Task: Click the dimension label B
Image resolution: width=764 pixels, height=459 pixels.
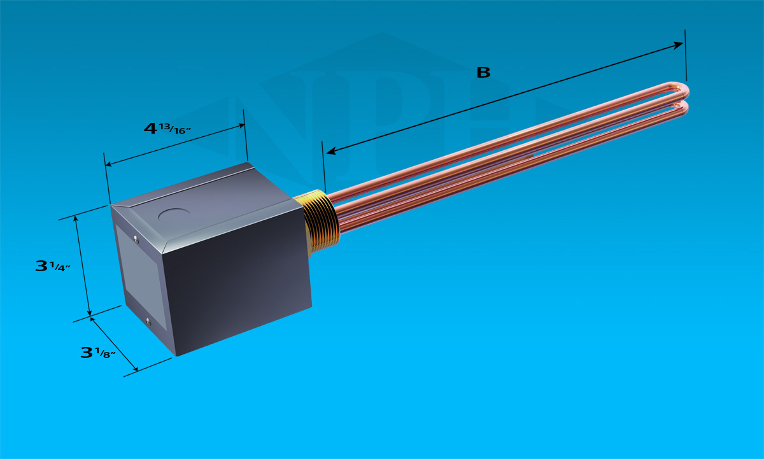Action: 483,73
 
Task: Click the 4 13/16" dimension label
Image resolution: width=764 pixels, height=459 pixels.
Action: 167,129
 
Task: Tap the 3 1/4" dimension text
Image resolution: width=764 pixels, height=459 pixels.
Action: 52,266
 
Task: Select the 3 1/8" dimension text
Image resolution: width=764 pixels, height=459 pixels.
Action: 98,353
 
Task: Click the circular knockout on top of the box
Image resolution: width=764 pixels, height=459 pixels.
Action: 174,216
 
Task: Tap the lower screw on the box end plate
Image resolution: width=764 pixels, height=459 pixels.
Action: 148,321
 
